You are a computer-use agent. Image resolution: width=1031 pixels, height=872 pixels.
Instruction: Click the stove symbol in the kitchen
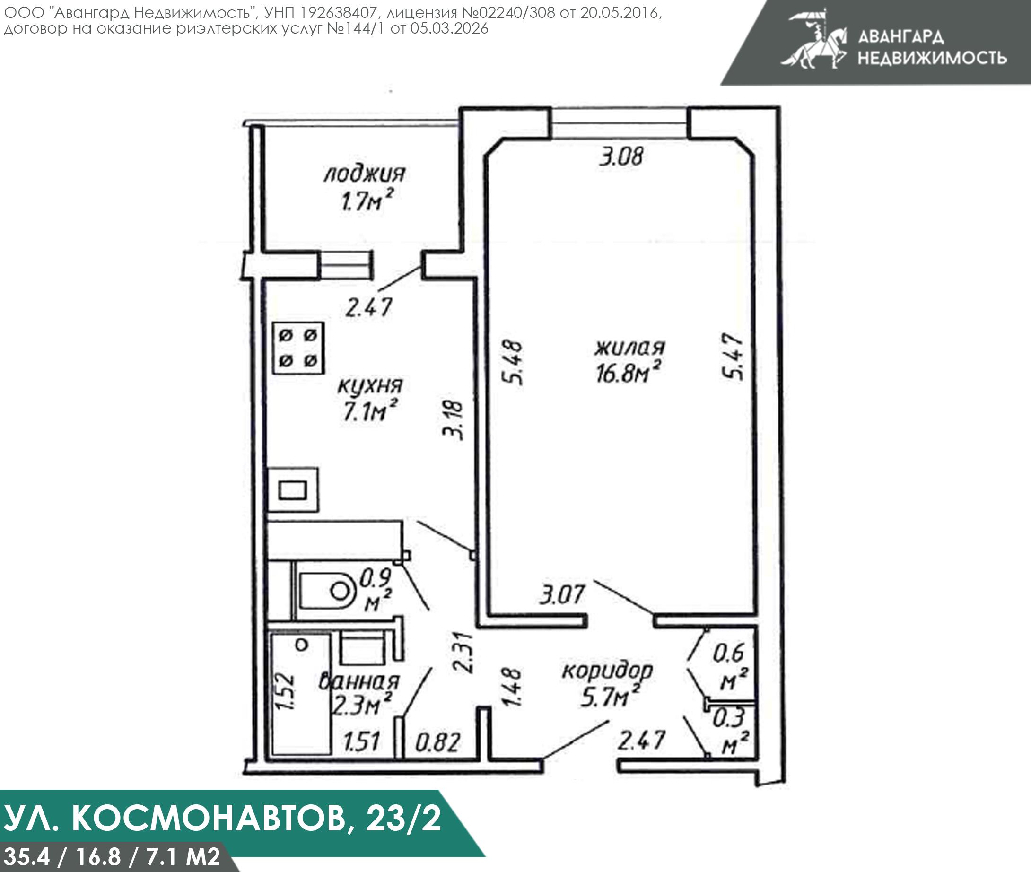click(298, 348)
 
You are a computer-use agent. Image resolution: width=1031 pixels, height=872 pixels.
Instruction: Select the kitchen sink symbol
click(293, 490)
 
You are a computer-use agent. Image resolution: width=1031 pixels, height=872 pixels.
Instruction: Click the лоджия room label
click(364, 174)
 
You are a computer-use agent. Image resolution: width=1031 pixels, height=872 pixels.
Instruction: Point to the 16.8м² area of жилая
click(628, 373)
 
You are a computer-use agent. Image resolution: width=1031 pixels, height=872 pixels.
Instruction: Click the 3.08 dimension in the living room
click(621, 157)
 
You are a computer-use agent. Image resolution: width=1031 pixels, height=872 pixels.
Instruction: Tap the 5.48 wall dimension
click(512, 362)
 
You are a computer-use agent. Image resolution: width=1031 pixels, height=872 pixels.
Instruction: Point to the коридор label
click(607, 670)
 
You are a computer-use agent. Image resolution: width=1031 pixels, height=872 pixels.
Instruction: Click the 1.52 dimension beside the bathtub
click(286, 691)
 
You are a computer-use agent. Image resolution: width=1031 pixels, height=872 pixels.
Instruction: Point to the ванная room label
click(359, 682)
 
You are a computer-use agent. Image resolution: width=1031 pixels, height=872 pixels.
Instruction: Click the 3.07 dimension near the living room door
click(562, 595)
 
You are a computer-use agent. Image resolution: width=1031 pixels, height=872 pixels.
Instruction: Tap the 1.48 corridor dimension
click(512, 687)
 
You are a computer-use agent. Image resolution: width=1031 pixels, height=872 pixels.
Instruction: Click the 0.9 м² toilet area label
click(376, 589)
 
